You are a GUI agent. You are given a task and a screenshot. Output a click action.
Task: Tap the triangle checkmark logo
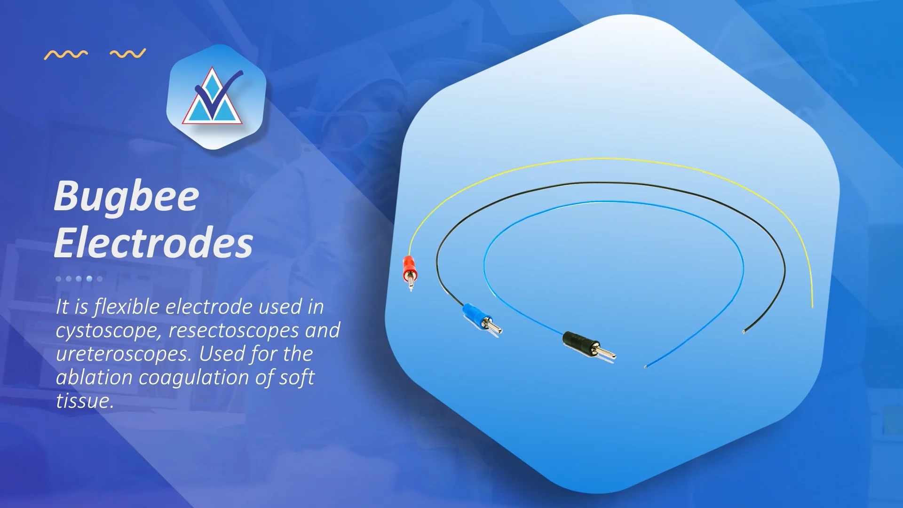[x=216, y=97]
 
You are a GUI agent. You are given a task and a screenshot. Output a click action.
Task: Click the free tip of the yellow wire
[x=812, y=307]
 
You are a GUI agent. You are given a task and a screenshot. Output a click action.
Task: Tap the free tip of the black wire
[x=743, y=333]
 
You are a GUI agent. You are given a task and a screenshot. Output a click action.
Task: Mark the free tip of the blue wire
[x=645, y=366]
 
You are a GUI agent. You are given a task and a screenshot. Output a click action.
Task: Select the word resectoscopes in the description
[x=233, y=331]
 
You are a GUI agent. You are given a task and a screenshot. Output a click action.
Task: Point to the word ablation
[x=94, y=377]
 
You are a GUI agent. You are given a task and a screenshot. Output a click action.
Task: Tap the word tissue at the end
[x=84, y=401]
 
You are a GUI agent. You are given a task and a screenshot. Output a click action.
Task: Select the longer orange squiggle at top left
[x=66, y=55]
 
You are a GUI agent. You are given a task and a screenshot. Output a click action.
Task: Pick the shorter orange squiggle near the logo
[x=128, y=54]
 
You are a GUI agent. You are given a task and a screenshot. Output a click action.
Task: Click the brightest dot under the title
[x=89, y=279]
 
